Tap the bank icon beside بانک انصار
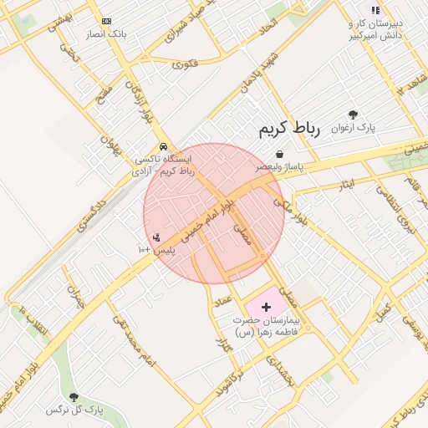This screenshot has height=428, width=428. pos(106,21)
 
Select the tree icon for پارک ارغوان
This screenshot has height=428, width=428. pos(354,115)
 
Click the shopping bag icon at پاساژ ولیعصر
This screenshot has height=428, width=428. pos(278,154)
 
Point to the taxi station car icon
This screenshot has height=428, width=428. pos(161,145)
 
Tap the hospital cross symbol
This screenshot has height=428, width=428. pos(267,308)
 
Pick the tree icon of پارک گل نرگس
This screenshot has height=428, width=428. pos(74,398)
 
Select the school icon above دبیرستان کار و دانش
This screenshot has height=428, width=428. pos(375,10)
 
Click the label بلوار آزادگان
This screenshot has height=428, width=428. pos(139,101)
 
